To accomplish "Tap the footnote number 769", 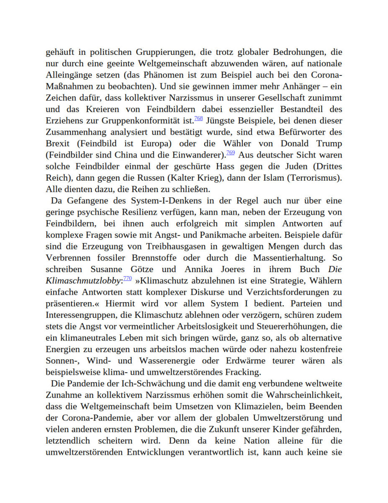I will (230, 153).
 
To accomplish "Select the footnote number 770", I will (128, 278).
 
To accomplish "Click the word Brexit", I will (58, 144).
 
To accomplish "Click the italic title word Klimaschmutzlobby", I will (83, 281).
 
